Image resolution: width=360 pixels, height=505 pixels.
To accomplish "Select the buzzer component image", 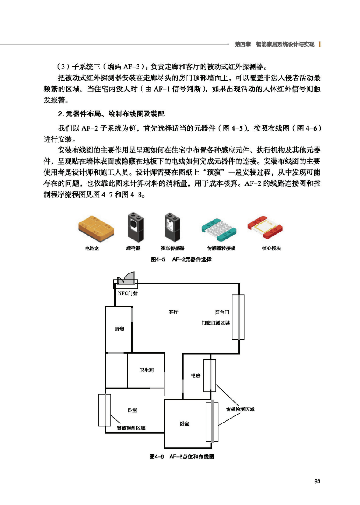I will tap(134, 226).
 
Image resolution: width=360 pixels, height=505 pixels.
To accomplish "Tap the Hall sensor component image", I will tap(172, 226).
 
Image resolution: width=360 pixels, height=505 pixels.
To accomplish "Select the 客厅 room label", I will tap(174, 312).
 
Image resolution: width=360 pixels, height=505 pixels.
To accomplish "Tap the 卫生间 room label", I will tap(146, 370).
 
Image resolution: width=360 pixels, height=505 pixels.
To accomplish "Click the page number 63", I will tap(317, 481).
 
